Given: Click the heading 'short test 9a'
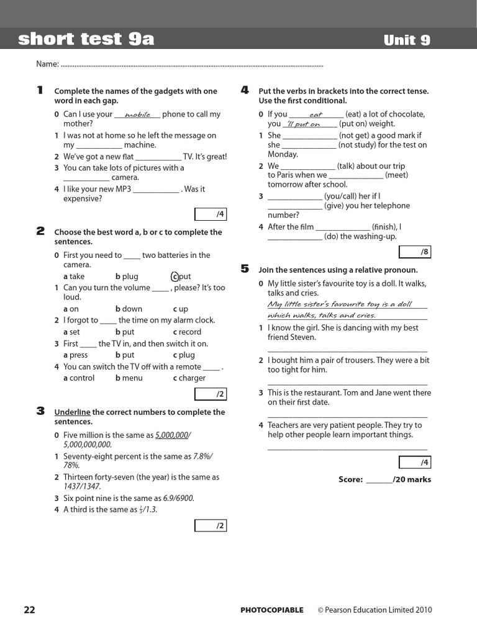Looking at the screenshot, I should click(x=86, y=40).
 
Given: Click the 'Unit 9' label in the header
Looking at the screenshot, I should click(x=407, y=40).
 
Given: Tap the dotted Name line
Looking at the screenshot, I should click(x=193, y=64).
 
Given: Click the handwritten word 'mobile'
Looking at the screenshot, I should click(x=137, y=115).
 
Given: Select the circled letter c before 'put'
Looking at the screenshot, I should click(x=175, y=277).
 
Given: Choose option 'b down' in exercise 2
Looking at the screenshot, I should click(x=129, y=309).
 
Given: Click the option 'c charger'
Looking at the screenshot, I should click(x=189, y=378).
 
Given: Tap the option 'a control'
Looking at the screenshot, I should click(x=79, y=378).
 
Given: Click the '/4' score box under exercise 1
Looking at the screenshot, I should click(x=211, y=215).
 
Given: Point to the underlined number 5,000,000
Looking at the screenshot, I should click(x=172, y=435).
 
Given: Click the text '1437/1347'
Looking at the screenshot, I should click(x=84, y=487).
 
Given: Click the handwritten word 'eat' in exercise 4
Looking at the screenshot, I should click(x=316, y=115).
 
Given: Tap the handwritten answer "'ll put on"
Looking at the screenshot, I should click(x=302, y=124).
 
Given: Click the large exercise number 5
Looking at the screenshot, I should click(x=245, y=269).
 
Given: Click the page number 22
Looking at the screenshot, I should click(x=30, y=610).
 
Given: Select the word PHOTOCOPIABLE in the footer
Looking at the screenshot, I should click(x=272, y=610).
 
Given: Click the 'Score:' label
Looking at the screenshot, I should click(x=350, y=479).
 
